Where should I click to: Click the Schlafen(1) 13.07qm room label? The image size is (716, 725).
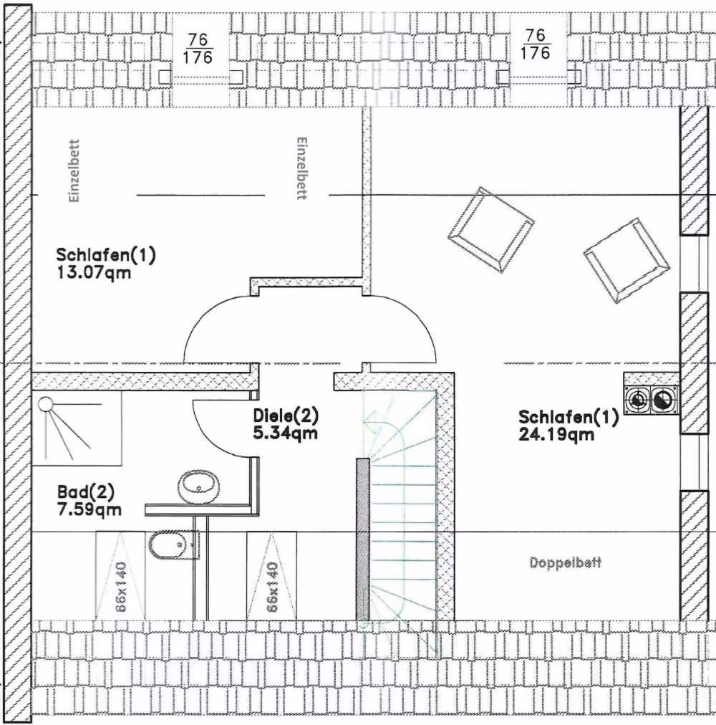[x=106, y=264]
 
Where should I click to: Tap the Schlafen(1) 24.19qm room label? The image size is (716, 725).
[x=569, y=426]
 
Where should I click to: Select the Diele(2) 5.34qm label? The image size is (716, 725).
[x=286, y=424]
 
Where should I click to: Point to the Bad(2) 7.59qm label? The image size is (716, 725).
[x=89, y=500]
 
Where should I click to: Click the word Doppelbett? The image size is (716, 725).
[x=566, y=562]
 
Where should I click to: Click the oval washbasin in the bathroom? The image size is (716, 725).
[x=199, y=486]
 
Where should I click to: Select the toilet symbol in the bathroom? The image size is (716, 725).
[x=174, y=544]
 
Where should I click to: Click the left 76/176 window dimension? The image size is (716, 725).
[x=198, y=49]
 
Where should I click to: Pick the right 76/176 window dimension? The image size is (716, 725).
[x=536, y=44]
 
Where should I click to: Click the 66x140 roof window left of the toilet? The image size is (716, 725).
[x=120, y=576]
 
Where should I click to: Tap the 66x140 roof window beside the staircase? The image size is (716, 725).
[x=272, y=576]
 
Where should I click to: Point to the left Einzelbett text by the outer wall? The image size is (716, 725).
[x=74, y=171]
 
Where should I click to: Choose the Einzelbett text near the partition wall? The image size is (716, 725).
[x=301, y=168]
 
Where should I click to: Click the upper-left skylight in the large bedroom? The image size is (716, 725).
[x=491, y=230]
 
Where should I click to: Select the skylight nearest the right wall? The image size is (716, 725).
[x=626, y=261]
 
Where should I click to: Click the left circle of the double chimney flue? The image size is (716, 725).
[x=637, y=400]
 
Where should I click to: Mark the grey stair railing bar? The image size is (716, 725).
[x=363, y=539]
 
